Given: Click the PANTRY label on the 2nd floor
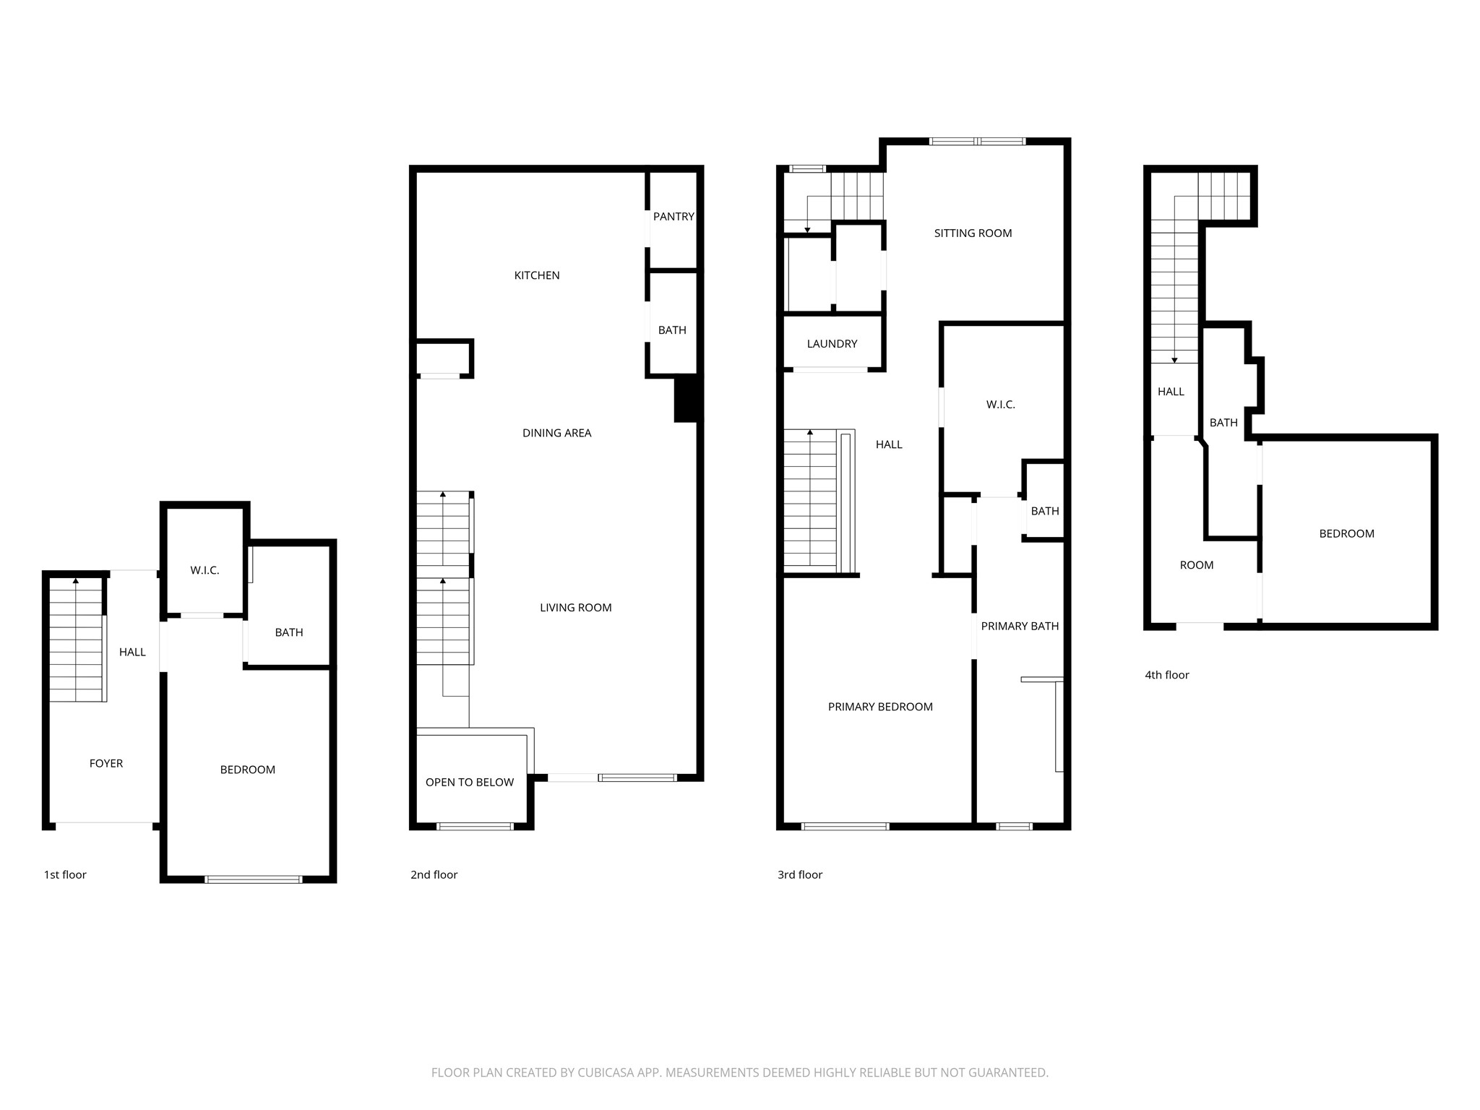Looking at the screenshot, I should (673, 217).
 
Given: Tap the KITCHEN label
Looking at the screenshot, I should (536, 275).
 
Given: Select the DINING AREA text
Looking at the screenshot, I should (556, 433).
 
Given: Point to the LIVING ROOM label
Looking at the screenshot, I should (575, 608).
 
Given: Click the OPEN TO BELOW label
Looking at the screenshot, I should (469, 782).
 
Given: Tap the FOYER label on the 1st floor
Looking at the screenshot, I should (106, 763).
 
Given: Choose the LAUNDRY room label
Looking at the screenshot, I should (832, 344).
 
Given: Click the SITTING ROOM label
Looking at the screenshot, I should (973, 233).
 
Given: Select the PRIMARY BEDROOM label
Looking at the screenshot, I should (879, 707).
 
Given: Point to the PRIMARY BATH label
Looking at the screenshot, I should (1019, 627).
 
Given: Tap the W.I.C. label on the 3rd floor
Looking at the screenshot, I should (1000, 405).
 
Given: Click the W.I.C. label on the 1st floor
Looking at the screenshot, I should (205, 571).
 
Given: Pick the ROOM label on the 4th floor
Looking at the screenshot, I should (1196, 565).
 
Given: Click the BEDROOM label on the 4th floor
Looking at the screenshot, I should (1346, 534).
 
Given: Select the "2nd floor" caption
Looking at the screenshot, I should (434, 874).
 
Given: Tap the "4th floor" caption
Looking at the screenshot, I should (1166, 675).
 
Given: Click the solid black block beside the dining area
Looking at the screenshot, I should (687, 398).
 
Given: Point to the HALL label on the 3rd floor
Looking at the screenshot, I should (889, 445).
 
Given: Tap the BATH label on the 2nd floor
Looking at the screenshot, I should (671, 330).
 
